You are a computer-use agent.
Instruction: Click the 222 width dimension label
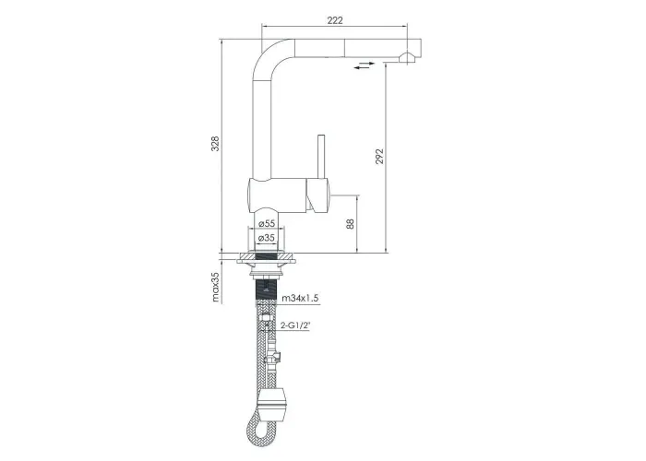[334, 20]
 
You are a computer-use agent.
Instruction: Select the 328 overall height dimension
[215, 143]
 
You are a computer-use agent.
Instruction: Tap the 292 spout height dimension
[379, 157]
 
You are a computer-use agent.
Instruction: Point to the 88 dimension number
[350, 224]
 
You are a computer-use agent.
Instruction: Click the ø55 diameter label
[266, 223]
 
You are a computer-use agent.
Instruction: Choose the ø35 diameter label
[266, 238]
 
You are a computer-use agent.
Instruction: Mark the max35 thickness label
[216, 288]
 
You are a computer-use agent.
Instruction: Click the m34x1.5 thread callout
[300, 299]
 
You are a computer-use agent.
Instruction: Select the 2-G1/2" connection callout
[295, 325]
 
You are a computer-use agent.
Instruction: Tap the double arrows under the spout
[365, 65]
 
